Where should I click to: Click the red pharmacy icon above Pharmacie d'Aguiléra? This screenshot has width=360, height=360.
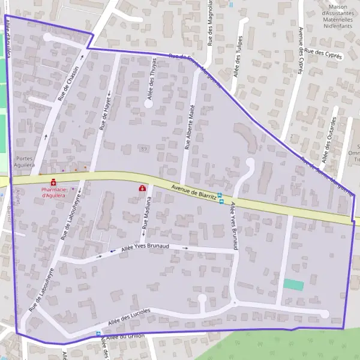53,182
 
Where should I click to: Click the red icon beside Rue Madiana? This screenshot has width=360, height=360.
143,188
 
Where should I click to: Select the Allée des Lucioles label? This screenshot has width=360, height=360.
129,317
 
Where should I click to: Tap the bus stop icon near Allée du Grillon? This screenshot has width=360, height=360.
98,334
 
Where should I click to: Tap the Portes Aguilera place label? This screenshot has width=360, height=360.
22,161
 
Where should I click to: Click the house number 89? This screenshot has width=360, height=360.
143,147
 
